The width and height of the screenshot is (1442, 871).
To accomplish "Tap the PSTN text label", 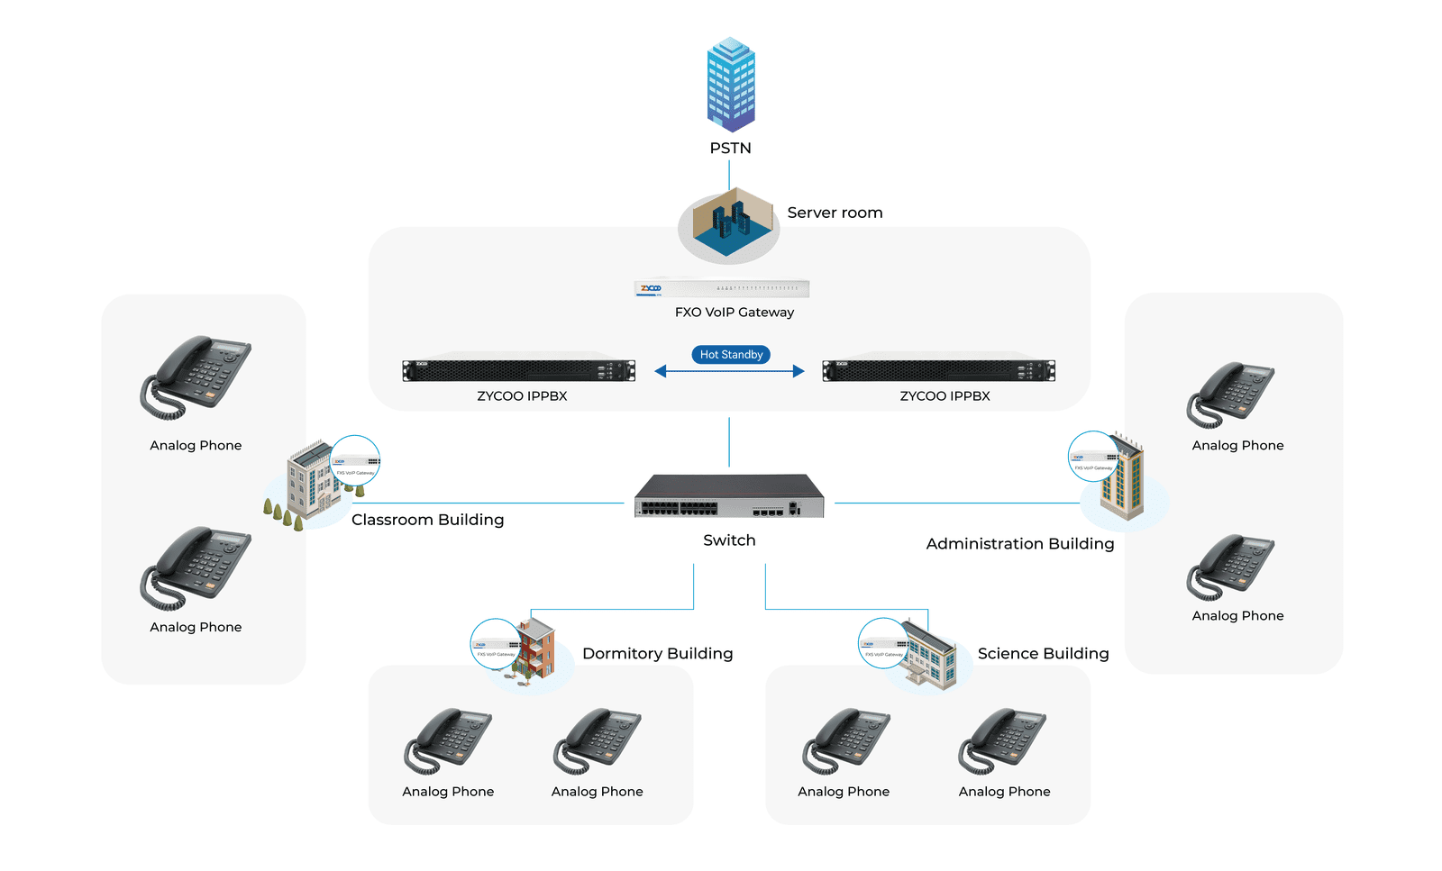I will click(x=730, y=148).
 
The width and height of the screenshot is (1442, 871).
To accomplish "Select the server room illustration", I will click(x=729, y=224).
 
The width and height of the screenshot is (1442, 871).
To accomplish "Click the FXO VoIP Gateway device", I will click(x=722, y=288).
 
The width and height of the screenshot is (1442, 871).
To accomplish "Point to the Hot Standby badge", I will click(x=731, y=355).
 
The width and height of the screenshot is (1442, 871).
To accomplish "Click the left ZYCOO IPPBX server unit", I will click(x=518, y=370).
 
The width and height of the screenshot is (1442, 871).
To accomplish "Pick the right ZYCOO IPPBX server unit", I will click(x=938, y=370).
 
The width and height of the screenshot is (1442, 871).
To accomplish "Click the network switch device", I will click(x=729, y=496).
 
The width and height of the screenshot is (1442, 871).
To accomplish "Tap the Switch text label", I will click(x=729, y=540).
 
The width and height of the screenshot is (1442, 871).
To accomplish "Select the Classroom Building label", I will click(x=427, y=520).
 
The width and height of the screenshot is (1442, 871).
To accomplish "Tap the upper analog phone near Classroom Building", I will click(x=196, y=377).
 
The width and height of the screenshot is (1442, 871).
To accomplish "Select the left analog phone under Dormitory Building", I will click(x=448, y=740).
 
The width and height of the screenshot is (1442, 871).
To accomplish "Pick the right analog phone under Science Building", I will click(x=1002, y=740).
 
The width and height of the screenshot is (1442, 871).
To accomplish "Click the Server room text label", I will click(x=835, y=213).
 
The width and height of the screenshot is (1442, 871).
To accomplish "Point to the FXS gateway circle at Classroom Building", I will click(x=355, y=461).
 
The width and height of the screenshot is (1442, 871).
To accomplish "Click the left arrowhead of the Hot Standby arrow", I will click(x=661, y=371).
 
